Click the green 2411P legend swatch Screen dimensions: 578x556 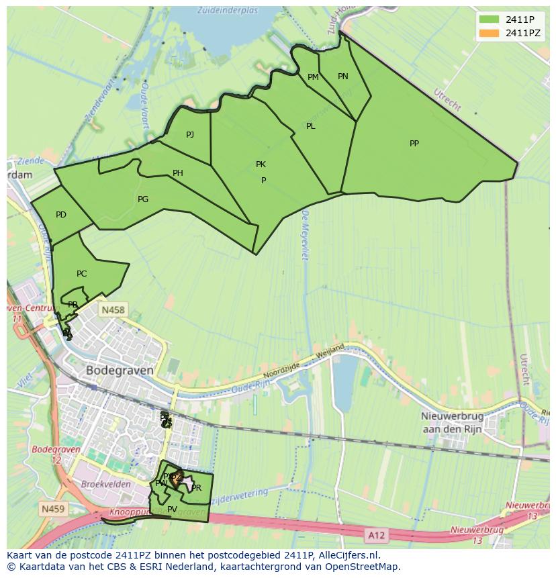pos(489,19)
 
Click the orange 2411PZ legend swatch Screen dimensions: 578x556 pos(489,33)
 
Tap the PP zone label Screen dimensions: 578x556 pos(414,143)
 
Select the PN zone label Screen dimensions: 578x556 pos(342,77)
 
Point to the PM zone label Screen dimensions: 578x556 pos(313,77)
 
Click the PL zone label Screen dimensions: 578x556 pos(310,126)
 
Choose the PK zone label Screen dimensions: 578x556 pos(261,164)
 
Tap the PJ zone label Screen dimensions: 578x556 pos(190,135)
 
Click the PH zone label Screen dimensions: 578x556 pos(177,173)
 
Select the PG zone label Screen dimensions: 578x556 pos(142,199)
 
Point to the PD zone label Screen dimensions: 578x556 pos(61,215)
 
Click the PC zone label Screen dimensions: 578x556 pos(81,274)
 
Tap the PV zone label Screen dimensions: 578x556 pos(172,510)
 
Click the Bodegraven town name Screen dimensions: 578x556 pos(120,370)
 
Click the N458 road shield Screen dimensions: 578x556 pos(112,309)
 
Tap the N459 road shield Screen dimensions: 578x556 pos(53,509)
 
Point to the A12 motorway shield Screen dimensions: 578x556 pos(377,534)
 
